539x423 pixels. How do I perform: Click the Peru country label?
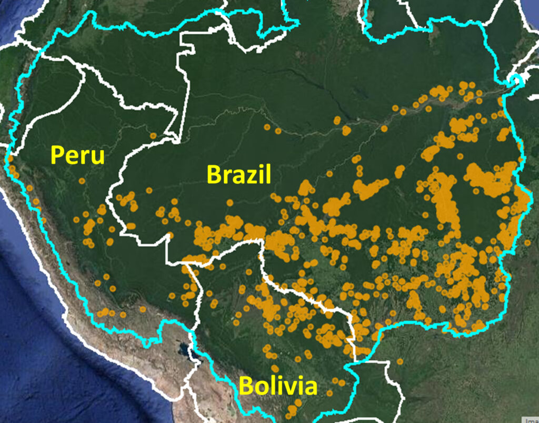(77, 156)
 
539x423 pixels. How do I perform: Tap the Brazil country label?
(239, 174)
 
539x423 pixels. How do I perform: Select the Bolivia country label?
(278, 386)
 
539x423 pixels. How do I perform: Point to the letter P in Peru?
(57, 156)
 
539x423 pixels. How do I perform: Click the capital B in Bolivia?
(246, 387)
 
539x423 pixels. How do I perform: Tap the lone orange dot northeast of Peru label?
(153, 135)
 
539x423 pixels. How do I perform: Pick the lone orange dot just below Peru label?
(82, 181)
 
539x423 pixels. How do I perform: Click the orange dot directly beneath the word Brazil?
(230, 202)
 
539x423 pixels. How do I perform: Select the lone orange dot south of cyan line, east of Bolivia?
(400, 361)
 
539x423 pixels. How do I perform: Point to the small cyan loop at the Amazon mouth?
(515, 81)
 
